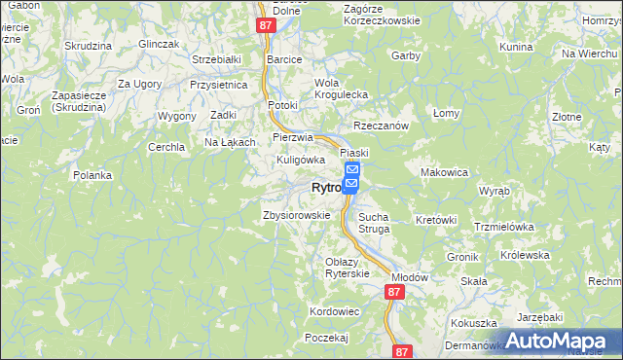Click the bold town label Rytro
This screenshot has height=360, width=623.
coord(325,188)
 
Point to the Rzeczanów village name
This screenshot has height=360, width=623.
coord(380,126)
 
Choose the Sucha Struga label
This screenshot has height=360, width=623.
coord(374,223)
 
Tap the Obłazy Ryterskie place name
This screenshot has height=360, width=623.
coord(348,268)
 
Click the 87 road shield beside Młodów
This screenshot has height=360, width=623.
coord(393,292)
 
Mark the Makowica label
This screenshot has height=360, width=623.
coord(444,172)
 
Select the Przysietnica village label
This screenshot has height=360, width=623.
coord(219,85)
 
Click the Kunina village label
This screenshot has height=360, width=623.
coord(515,47)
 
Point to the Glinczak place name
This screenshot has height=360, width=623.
coord(160,45)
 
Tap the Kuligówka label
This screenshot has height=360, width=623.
coord(300,160)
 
